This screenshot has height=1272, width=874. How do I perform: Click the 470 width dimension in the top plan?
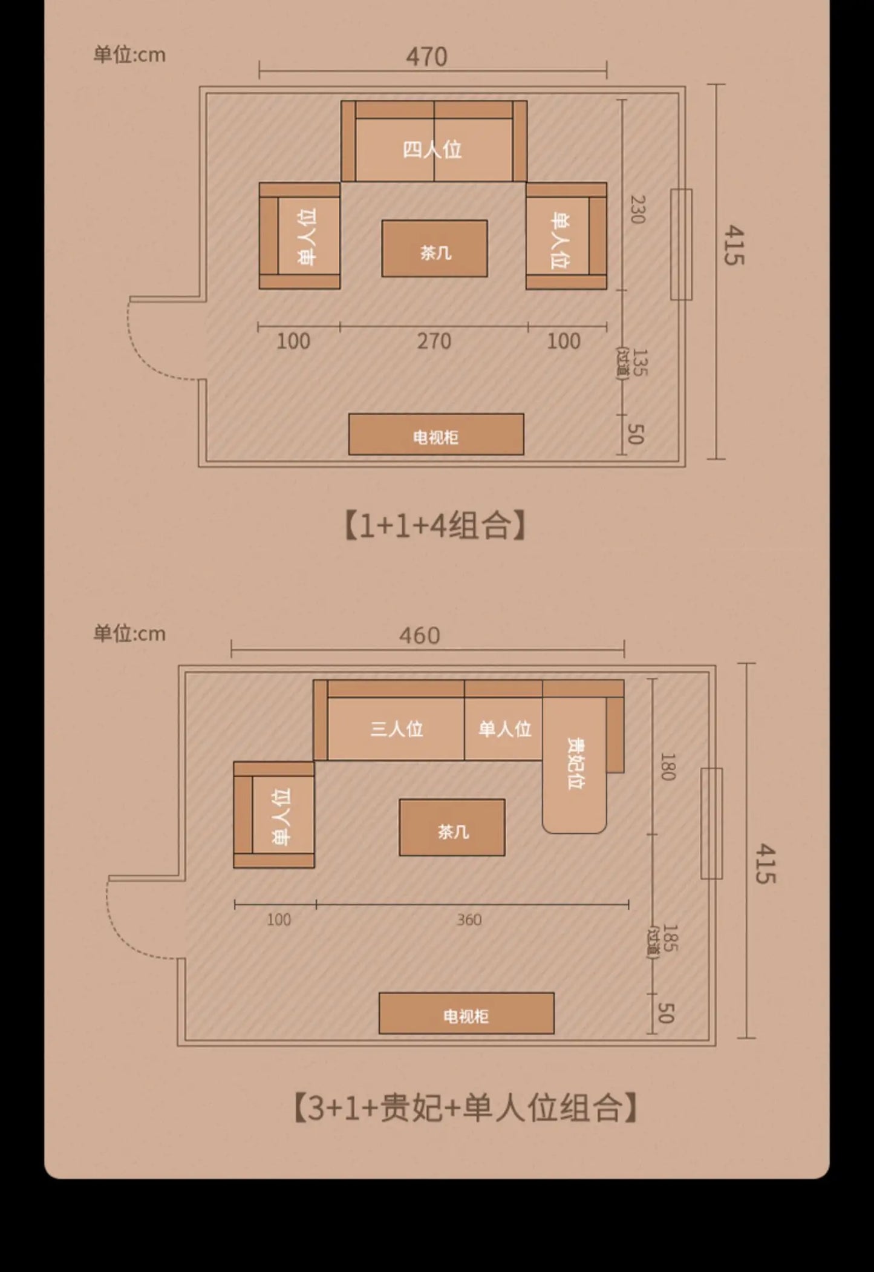click(426, 57)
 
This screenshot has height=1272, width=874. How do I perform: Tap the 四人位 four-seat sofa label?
click(432, 149)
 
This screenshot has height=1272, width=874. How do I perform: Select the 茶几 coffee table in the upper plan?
click(434, 249)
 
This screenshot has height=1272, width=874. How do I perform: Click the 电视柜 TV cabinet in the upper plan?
click(436, 434)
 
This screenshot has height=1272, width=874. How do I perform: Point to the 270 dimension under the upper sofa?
click(434, 341)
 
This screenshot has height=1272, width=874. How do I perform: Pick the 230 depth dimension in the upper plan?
click(637, 209)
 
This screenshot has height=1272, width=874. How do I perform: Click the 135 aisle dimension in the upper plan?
click(639, 362)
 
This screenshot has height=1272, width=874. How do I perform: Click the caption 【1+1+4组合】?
click(435, 525)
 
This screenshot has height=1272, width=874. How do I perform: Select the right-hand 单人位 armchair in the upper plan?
click(566, 236)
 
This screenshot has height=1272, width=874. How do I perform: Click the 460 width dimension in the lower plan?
click(419, 636)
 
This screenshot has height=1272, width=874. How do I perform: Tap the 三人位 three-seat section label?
click(396, 729)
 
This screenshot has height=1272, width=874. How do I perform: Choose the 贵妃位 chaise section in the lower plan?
click(575, 765)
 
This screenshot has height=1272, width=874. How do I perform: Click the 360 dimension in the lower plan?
click(469, 920)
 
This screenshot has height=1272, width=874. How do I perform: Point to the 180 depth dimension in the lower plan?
click(667, 767)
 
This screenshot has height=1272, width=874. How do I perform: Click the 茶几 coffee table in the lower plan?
click(452, 827)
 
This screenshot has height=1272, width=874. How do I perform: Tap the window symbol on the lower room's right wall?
click(711, 824)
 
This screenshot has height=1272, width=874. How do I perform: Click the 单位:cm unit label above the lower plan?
click(129, 634)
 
